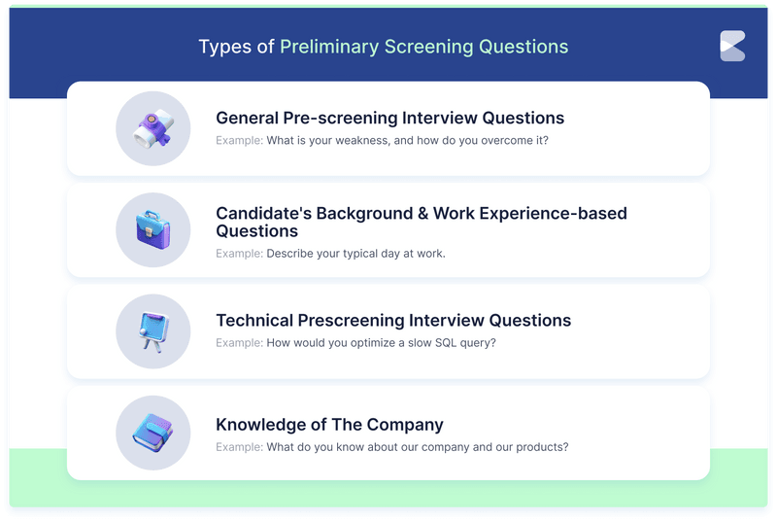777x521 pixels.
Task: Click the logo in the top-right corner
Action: (732, 46)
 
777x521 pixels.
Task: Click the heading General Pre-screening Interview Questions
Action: (389, 119)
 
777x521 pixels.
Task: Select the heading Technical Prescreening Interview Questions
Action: (393, 321)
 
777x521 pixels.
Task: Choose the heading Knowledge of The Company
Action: (329, 425)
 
